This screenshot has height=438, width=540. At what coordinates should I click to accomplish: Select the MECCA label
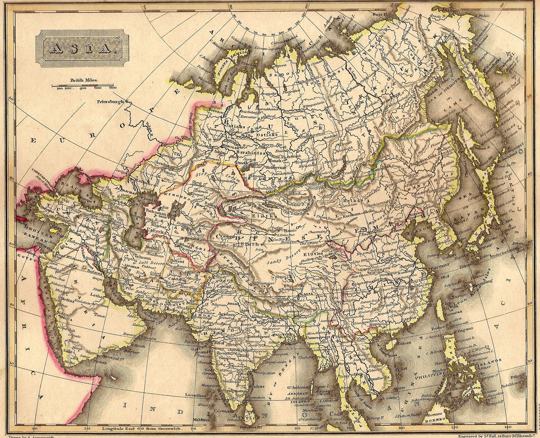(x=66, y=319)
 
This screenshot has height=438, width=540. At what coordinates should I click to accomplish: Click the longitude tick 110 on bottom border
(x=399, y=429)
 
